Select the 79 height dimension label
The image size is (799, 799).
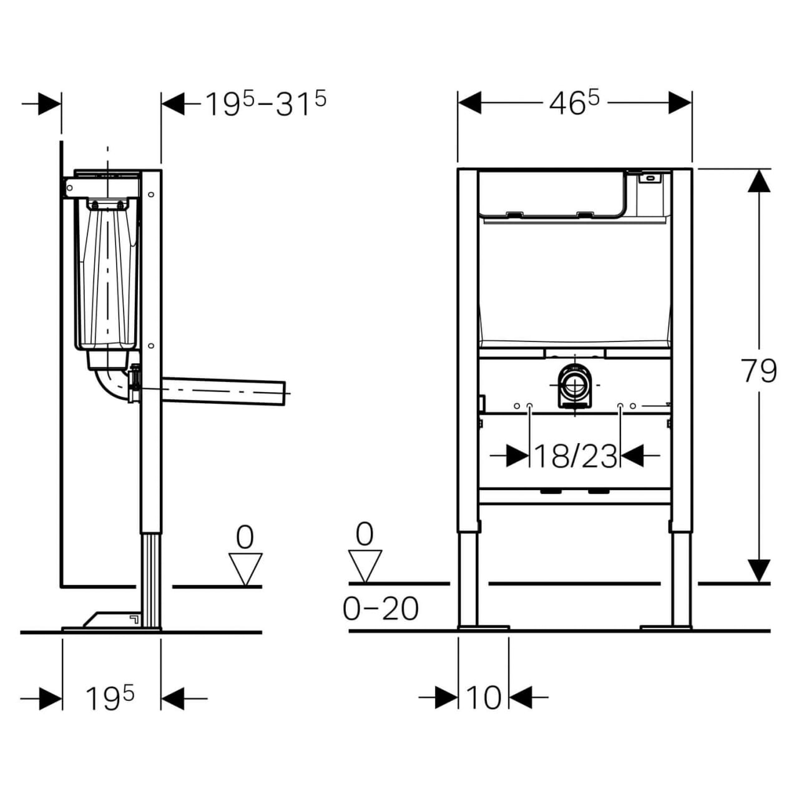coord(759,371)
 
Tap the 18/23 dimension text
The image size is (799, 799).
coord(575,456)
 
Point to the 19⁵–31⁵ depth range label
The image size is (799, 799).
coord(266,104)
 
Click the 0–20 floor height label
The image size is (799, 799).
coord(381,609)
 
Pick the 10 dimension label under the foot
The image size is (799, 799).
coord(483,697)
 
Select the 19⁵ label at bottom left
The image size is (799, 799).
coord(110,698)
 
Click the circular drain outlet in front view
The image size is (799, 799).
coord(574,386)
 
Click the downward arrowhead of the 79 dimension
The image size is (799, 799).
coord(759,571)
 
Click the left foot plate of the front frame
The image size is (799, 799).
coord(483,627)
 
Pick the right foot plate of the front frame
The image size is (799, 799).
coord(665,627)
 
